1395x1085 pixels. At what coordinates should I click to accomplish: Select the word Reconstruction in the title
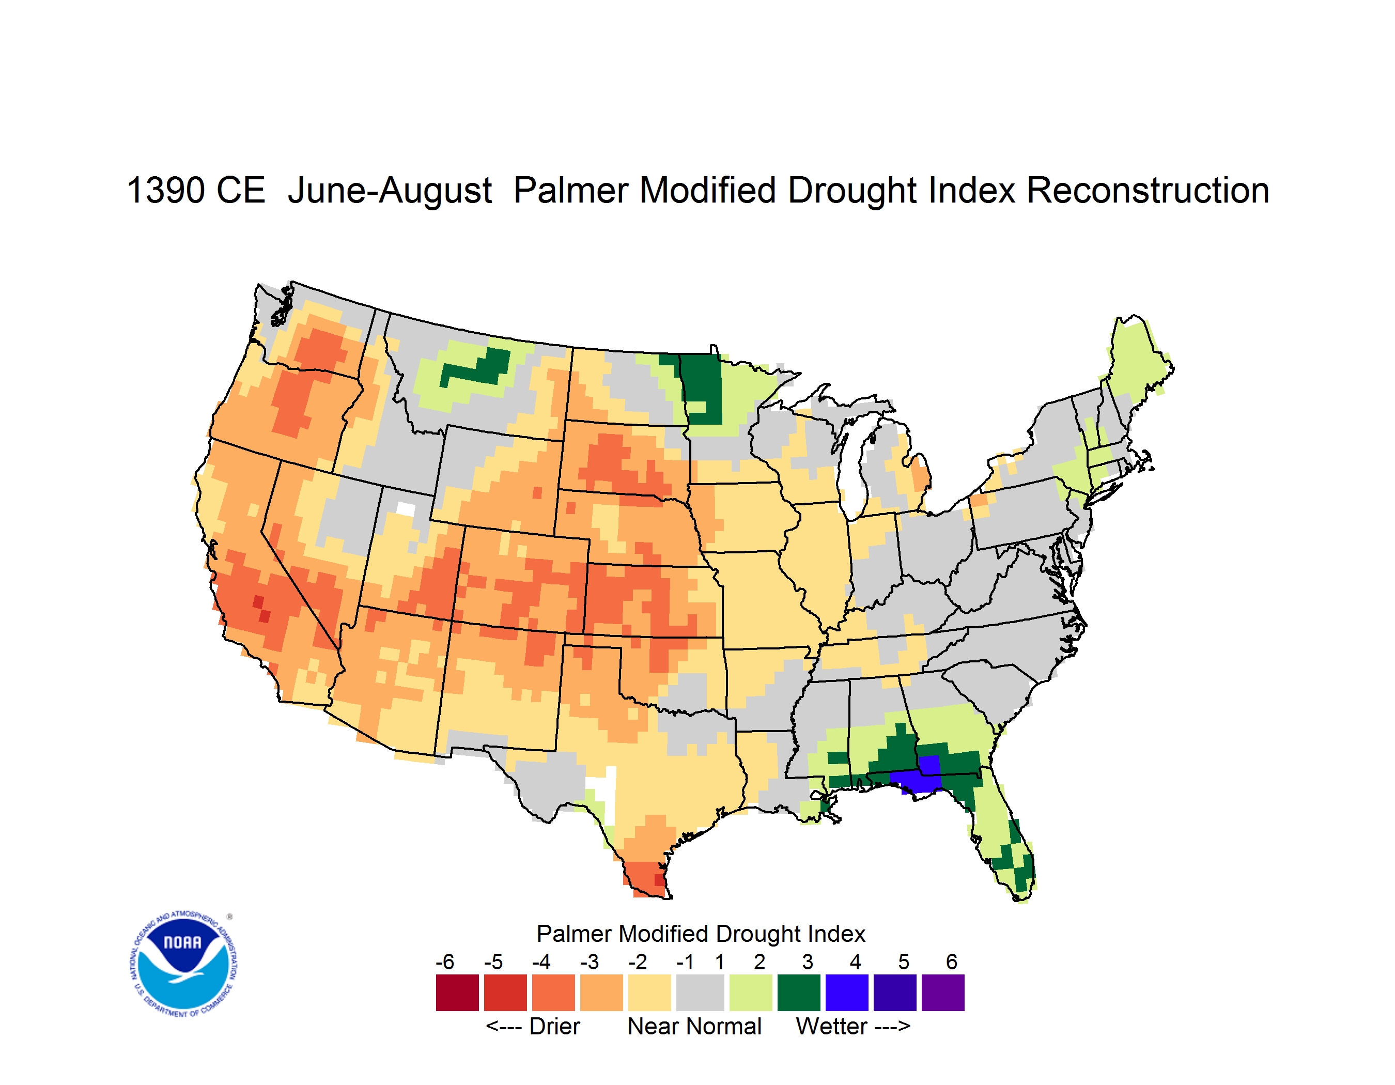(1148, 190)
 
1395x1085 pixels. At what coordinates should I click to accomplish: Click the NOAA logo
(184, 964)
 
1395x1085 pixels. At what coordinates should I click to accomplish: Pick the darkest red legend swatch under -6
(457, 993)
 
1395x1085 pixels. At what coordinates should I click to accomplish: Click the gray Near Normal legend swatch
(700, 993)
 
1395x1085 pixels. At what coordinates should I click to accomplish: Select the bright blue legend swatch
(847, 993)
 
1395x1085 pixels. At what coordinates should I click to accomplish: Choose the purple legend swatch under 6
(943, 993)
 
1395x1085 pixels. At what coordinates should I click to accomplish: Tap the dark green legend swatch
(799, 993)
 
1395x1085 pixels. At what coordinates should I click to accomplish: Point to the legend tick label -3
(590, 962)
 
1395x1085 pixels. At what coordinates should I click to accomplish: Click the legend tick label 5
(904, 962)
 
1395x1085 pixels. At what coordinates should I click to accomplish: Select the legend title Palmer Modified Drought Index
(701, 934)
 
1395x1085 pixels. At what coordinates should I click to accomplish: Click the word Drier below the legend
(554, 1026)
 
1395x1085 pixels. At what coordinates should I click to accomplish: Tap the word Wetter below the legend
(832, 1026)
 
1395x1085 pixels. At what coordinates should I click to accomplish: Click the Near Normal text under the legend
(694, 1026)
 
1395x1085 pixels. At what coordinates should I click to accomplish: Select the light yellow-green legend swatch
(751, 993)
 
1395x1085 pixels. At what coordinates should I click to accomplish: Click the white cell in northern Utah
(406, 509)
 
